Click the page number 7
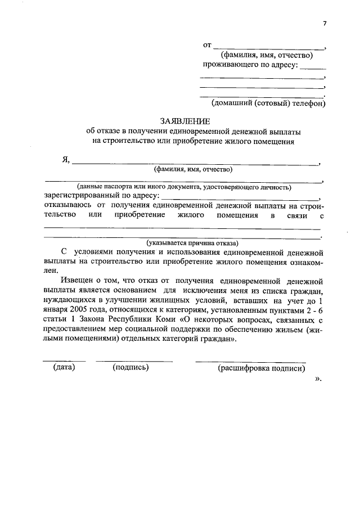tap(324, 23)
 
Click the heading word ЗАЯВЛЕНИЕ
tap(185, 121)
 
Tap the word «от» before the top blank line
tap(206, 44)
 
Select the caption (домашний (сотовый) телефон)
tap(268, 103)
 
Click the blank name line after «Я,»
tap(194, 163)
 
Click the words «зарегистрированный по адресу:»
tap(102, 196)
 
